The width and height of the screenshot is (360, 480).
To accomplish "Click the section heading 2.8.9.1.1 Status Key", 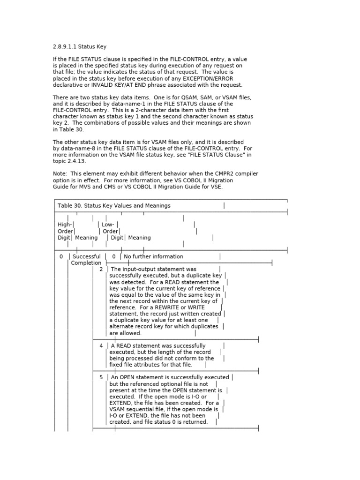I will [82, 46].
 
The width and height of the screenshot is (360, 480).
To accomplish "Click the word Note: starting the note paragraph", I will [60, 174].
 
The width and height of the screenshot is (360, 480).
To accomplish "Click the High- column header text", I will [65, 225].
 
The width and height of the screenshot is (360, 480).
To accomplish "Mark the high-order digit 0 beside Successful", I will [61, 257].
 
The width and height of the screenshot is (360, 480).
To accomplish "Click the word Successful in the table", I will [87, 257].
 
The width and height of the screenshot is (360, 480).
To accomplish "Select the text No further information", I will [153, 257].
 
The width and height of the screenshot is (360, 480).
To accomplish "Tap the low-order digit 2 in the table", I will [101, 270].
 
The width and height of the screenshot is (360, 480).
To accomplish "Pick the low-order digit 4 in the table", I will [101, 346].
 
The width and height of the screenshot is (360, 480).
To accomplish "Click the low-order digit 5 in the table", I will [101, 377].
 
